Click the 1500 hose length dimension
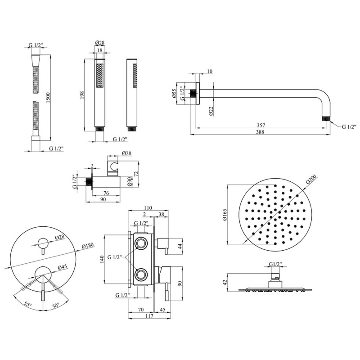point(48,98)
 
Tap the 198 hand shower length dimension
point(82,95)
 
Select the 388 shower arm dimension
point(260,132)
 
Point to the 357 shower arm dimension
point(261,126)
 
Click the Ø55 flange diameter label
point(174,94)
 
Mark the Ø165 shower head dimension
point(224,215)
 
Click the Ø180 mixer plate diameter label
point(87,246)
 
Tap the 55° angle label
point(27,305)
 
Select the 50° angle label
point(56,305)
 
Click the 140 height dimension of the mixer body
point(102,259)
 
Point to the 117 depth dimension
point(149,316)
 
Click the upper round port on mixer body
point(140,243)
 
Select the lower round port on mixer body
point(140,274)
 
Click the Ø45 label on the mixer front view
point(62,267)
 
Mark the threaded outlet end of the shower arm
point(326,119)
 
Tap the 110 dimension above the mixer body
point(148,208)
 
